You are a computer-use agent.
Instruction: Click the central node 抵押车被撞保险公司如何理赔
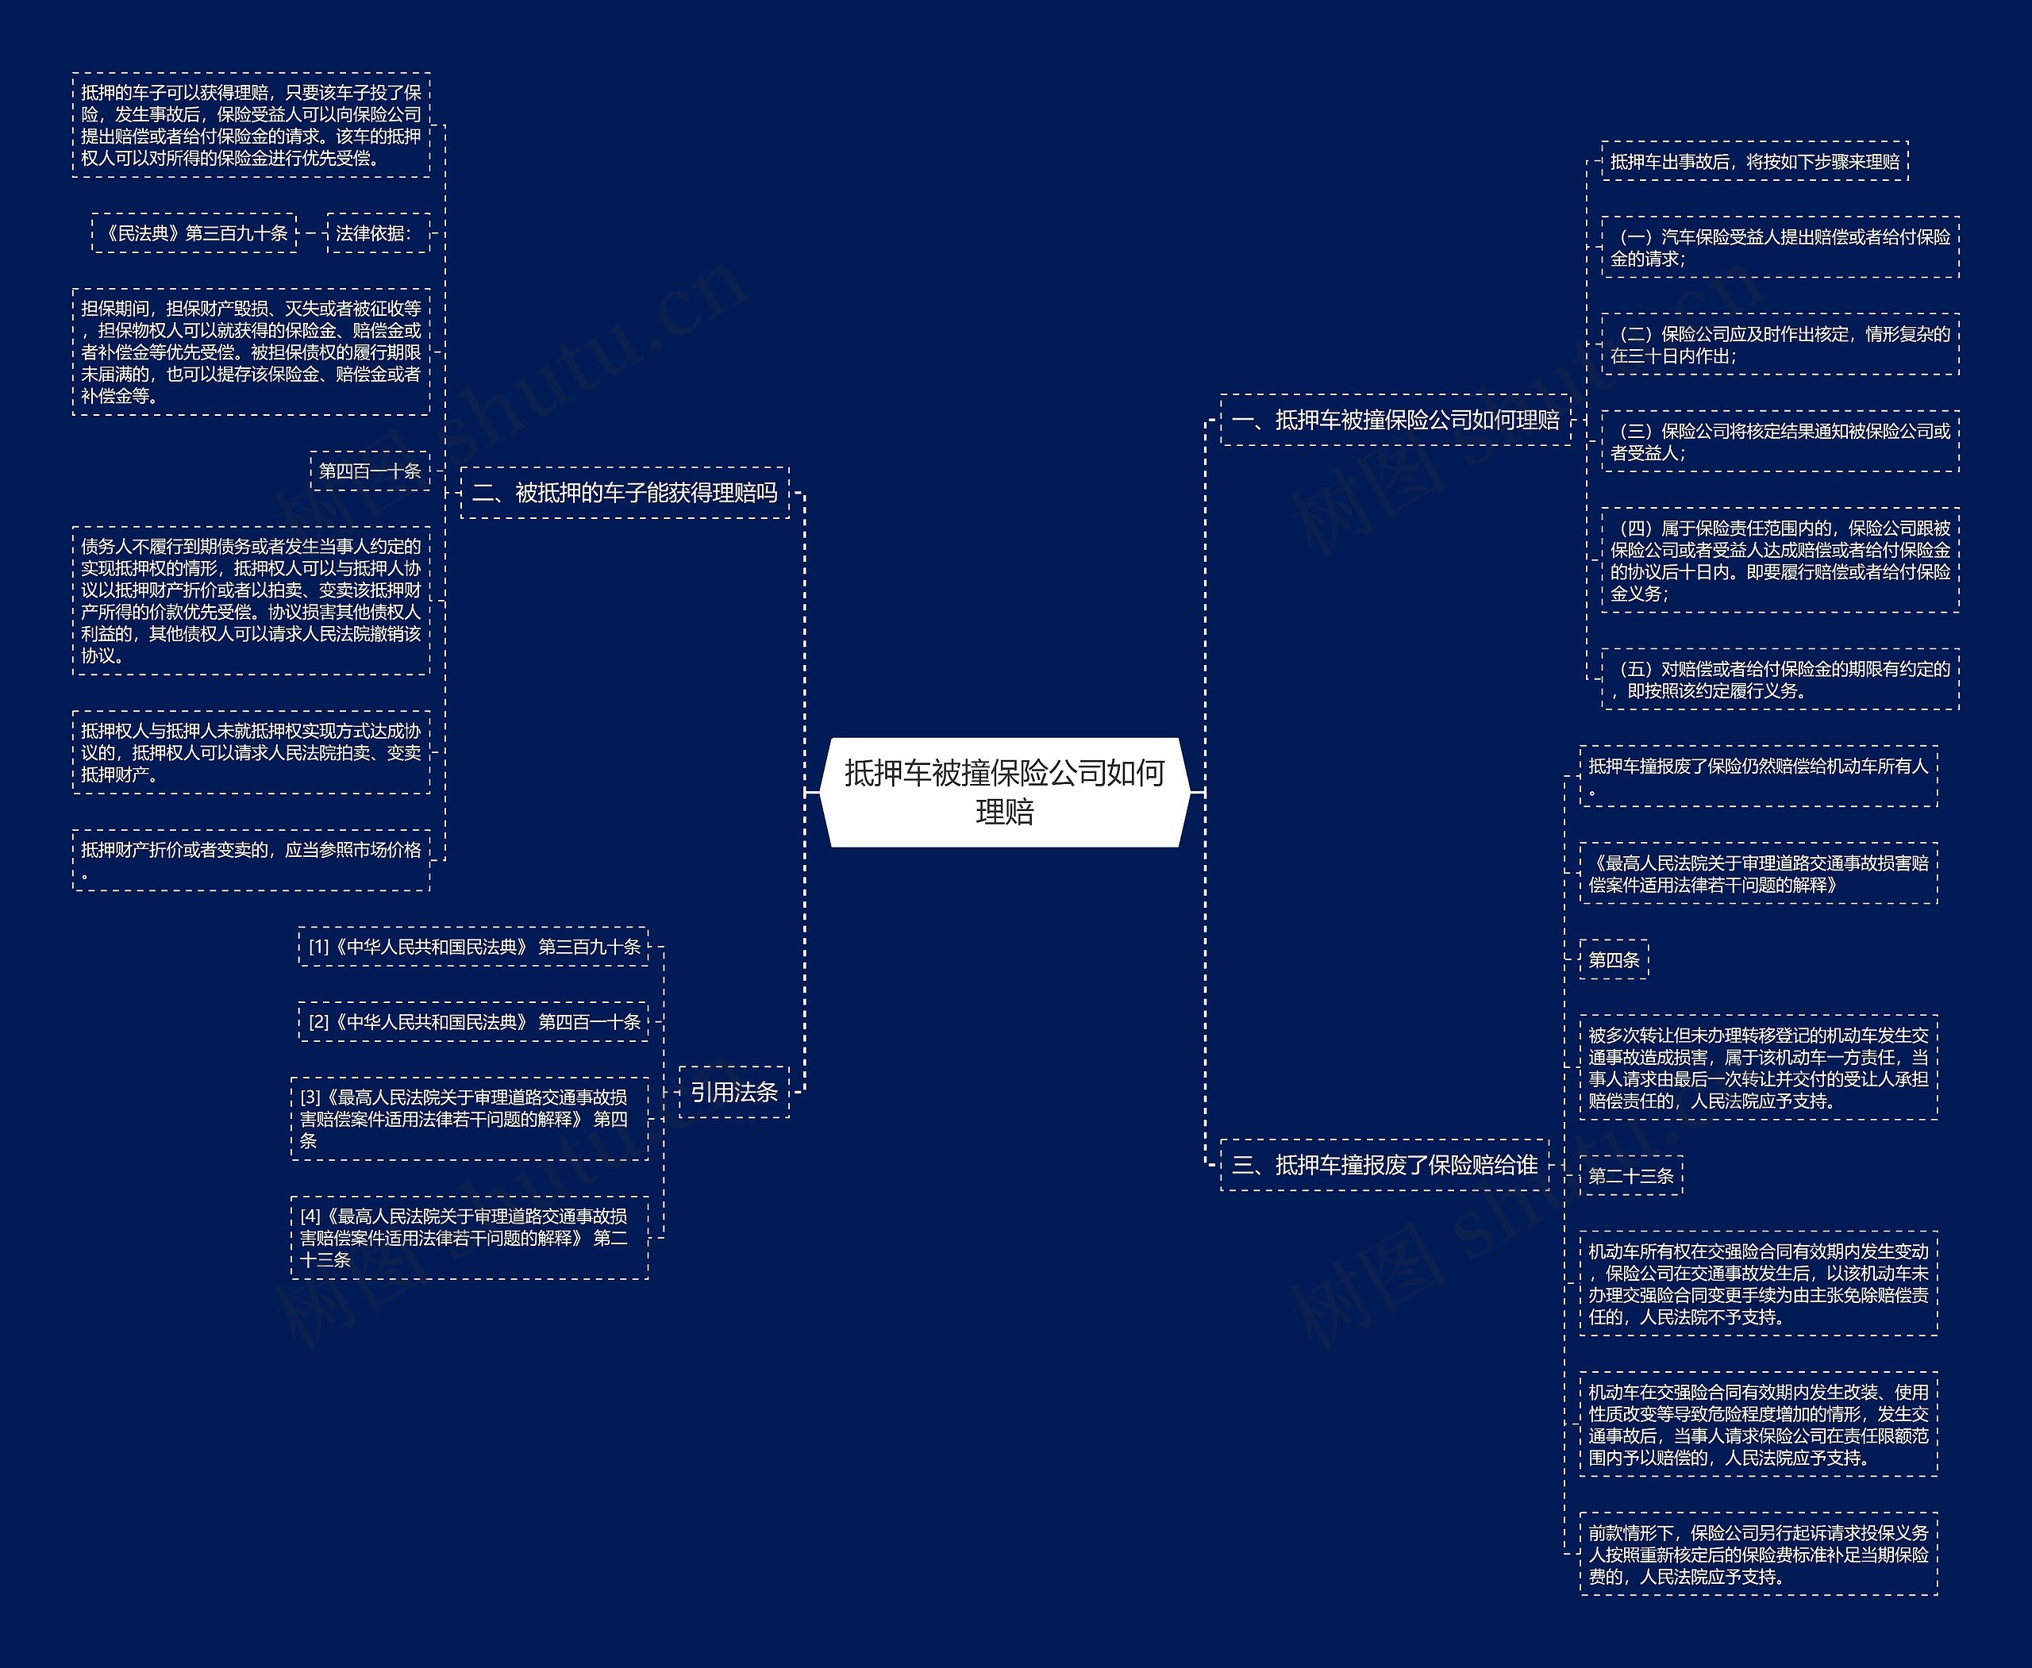point(1004,792)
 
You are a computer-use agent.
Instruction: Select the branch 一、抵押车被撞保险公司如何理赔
point(1395,420)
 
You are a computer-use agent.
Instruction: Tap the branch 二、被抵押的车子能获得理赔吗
point(625,493)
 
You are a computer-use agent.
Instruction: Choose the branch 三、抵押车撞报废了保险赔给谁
point(1384,1165)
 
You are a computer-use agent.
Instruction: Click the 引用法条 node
point(733,1092)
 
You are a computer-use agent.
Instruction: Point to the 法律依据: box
point(378,233)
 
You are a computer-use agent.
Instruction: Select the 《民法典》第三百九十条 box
point(194,233)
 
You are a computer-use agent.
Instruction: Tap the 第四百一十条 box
point(369,471)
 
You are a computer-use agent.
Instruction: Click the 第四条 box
point(1613,959)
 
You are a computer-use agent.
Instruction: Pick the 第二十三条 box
point(1630,1175)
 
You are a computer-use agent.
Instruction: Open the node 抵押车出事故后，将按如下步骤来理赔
point(1754,161)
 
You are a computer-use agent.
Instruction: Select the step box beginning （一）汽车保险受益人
point(1780,247)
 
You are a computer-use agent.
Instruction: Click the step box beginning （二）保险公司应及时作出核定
point(1780,344)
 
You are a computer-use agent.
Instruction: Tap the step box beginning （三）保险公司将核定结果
point(1780,441)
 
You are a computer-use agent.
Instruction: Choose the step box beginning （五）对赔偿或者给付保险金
point(1780,678)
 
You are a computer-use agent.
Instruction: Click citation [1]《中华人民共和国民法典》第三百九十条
point(474,947)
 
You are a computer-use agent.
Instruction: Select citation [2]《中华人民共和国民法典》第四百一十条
point(474,1021)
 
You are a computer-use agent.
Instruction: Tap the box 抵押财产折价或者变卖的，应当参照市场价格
point(251,860)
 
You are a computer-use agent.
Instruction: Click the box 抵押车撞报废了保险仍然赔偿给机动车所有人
point(1757,776)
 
